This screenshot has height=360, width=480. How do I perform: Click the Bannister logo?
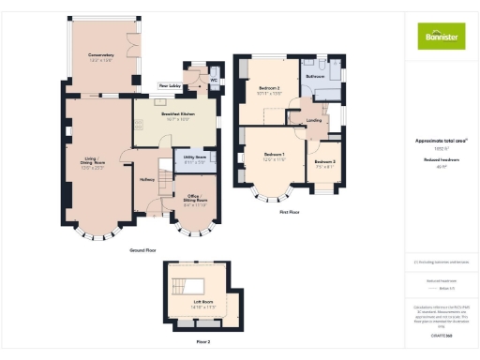pyautogui.click(x=441, y=37)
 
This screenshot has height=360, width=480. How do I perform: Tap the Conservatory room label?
pyautogui.click(x=101, y=57)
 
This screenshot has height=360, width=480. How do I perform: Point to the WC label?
pyautogui.click(x=214, y=80)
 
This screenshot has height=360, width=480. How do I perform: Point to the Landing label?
pyautogui.click(x=315, y=121)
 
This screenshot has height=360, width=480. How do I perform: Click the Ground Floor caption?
pyautogui.click(x=142, y=251)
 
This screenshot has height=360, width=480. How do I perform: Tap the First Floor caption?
pyautogui.click(x=289, y=212)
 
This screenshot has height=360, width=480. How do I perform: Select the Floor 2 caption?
pyautogui.click(x=203, y=341)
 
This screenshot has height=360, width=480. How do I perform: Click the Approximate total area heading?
pyautogui.click(x=441, y=140)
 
